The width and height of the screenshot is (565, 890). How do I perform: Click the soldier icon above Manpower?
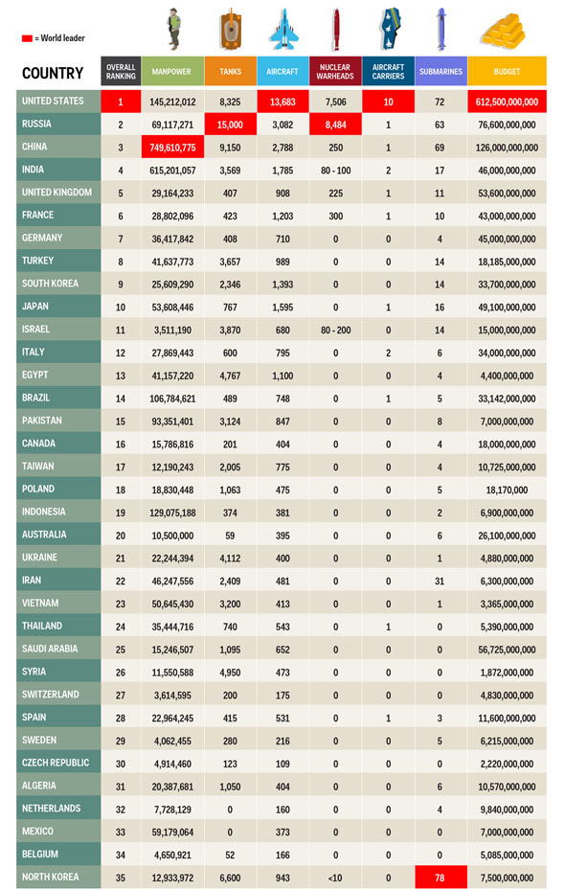click(174, 29)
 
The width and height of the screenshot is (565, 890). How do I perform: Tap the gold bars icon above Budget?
click(503, 32)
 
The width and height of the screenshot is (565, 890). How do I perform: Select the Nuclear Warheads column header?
click(335, 72)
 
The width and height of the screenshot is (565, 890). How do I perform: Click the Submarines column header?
click(441, 72)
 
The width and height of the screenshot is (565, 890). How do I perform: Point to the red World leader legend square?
click(27, 38)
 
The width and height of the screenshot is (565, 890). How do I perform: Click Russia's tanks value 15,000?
click(230, 125)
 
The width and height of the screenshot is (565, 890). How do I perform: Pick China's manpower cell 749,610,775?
click(172, 148)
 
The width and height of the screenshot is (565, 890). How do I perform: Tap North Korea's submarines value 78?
click(441, 878)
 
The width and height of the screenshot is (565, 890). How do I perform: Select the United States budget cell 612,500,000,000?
click(508, 103)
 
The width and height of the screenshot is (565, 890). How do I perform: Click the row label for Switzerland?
click(51, 695)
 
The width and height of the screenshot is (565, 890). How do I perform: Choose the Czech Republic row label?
click(56, 763)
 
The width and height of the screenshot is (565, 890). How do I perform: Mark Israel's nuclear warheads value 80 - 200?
click(336, 331)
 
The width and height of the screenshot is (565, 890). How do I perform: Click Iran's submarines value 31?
click(440, 582)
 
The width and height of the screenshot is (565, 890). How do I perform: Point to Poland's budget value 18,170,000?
click(508, 490)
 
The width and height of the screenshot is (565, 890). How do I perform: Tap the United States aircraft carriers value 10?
click(388, 103)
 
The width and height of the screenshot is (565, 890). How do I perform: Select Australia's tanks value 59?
click(230, 536)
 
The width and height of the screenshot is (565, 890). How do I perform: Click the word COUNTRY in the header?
click(53, 73)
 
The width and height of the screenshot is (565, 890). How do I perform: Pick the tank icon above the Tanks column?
click(230, 29)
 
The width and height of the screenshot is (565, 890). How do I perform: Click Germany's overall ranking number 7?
click(121, 239)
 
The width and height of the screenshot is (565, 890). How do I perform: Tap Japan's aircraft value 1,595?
click(282, 308)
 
